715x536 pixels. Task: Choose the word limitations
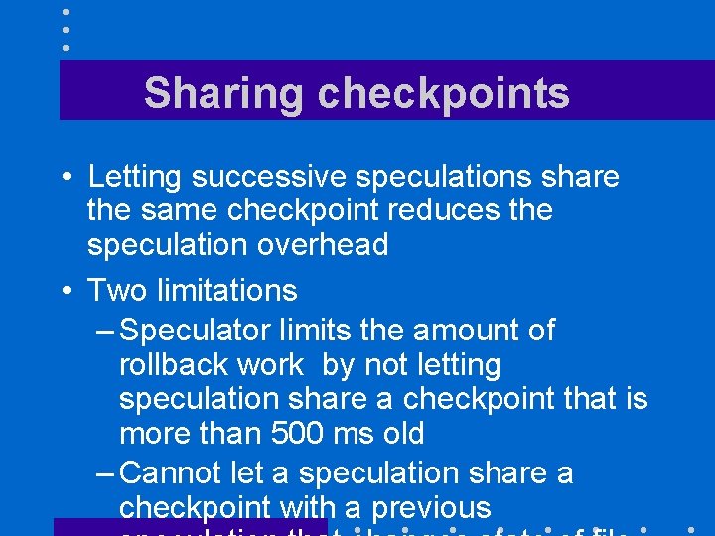226,291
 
